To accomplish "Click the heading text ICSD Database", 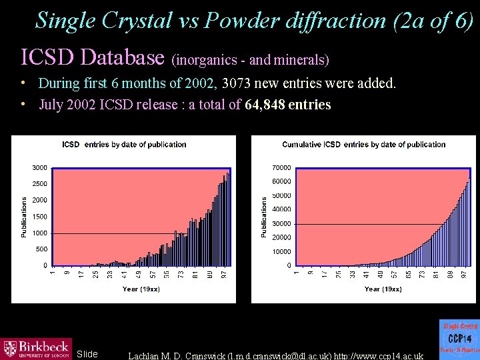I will (93, 57).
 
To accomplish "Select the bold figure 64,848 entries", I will (287, 105).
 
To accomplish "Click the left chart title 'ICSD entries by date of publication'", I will (124, 145).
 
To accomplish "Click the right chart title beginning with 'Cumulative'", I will (363, 145).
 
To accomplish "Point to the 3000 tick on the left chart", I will (39, 167).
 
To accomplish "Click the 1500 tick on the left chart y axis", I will (39, 217).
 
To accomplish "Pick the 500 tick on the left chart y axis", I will (41, 249).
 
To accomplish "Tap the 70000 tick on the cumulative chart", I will (281, 167).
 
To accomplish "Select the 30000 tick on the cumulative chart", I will (281, 223).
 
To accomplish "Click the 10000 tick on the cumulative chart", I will (281, 251).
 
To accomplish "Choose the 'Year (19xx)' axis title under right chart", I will (383, 289).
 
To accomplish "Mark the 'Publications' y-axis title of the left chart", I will (25, 216).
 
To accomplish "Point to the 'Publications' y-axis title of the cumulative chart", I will (264, 216).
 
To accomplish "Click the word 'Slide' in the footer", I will (87, 354).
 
